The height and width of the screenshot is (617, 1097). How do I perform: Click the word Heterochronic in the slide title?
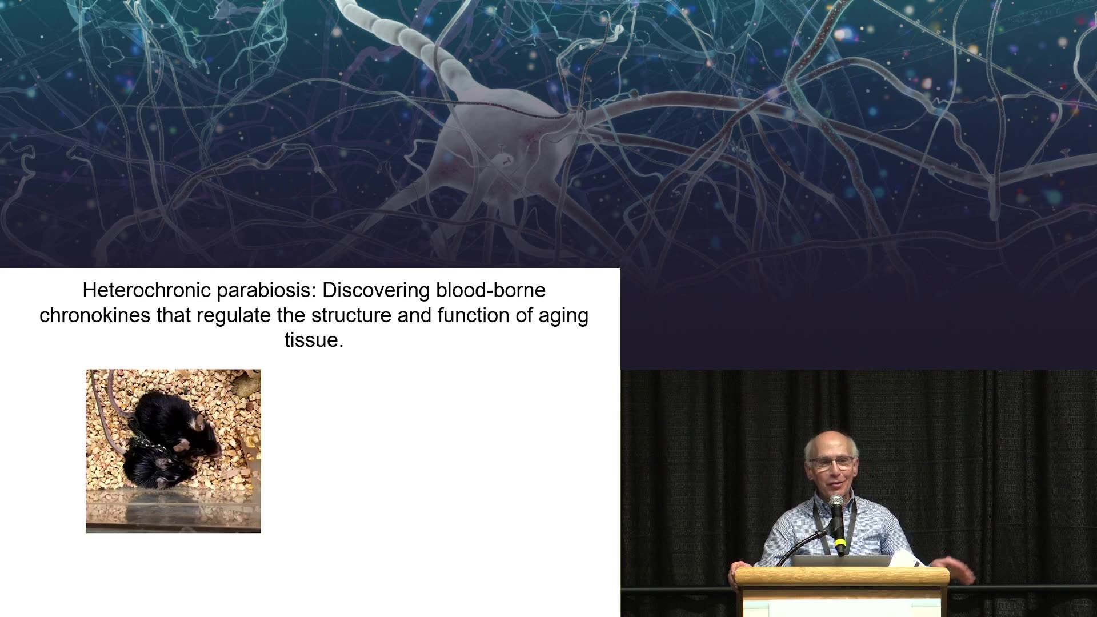[147, 290]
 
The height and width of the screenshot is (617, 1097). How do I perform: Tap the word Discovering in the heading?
[376, 291]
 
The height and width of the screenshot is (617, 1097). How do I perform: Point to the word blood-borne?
[491, 290]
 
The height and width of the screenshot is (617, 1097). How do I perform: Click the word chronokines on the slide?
[95, 315]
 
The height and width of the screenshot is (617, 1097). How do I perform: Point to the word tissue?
[314, 340]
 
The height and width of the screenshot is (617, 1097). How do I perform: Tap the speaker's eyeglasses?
[832, 463]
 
